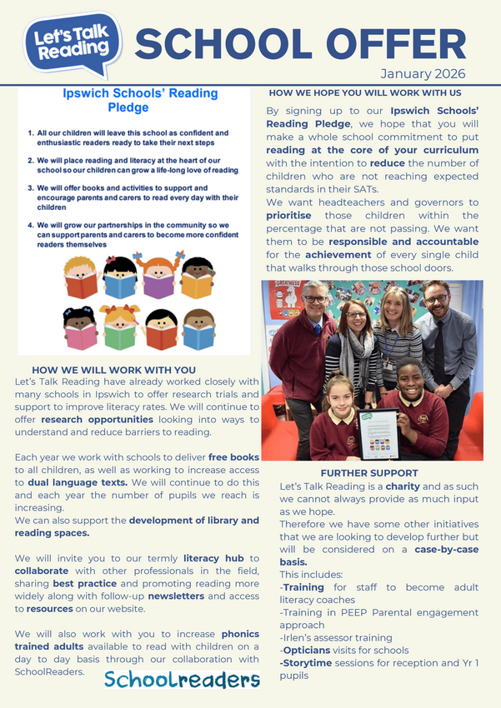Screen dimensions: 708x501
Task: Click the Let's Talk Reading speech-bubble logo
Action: tap(73, 42)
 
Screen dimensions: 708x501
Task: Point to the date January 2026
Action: tap(423, 73)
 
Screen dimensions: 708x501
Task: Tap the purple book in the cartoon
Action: tap(158, 286)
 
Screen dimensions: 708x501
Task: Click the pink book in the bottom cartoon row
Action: tap(82, 337)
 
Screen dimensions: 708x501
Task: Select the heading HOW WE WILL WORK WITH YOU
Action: tap(113, 370)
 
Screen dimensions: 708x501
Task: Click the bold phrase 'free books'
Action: tap(233, 457)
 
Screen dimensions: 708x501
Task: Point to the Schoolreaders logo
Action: tap(182, 680)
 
